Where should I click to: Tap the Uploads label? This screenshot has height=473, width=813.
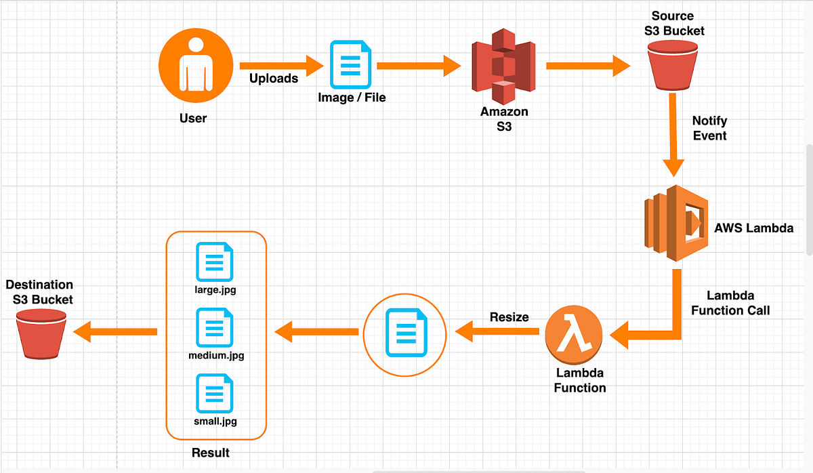[273, 79]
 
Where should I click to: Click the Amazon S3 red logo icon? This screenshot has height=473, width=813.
[503, 66]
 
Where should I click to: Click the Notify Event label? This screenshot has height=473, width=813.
[709, 128]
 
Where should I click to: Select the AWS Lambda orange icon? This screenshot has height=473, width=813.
[676, 224]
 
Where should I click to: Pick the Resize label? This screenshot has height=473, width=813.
[509, 316]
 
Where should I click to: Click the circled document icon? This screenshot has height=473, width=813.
[405, 333]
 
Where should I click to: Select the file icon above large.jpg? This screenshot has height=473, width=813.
[214, 263]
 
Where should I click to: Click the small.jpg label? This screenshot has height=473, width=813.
[215, 421]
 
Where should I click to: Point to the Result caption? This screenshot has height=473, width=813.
[210, 452]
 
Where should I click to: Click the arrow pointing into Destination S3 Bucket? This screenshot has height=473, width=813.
[115, 331]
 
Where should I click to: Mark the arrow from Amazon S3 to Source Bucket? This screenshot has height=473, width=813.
[587, 66]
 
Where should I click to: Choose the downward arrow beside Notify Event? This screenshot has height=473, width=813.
[673, 136]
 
